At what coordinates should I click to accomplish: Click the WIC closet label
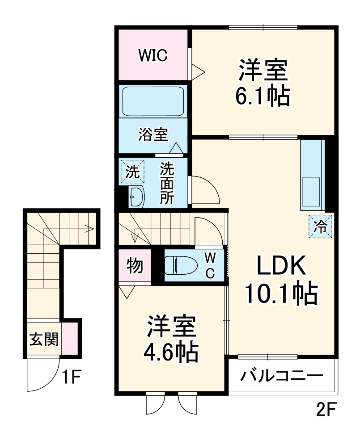tap(152, 55)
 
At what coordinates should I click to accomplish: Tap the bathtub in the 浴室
tap(153, 102)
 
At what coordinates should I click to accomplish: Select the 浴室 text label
tap(153, 134)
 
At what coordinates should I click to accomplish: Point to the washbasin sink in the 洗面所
tap(136, 197)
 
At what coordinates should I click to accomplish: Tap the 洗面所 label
tap(167, 183)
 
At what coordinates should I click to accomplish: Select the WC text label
tap(210, 264)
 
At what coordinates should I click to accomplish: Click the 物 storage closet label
tap(134, 265)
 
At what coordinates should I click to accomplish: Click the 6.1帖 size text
tap(263, 95)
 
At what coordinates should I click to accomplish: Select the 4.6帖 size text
tap(171, 352)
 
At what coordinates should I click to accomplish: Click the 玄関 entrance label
tap(44, 340)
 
